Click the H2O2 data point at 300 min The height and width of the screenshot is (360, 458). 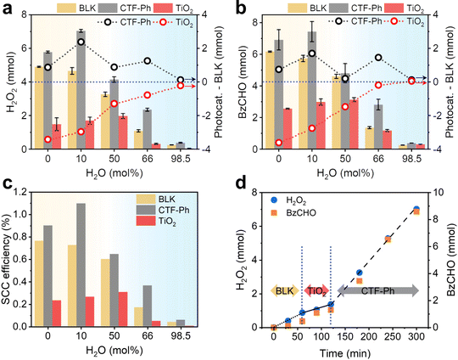(416, 209)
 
